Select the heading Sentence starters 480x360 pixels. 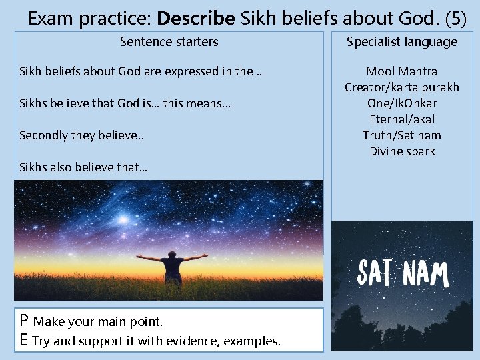(x=169, y=42)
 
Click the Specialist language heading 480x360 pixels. (x=401, y=42)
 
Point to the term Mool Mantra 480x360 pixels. (x=401, y=71)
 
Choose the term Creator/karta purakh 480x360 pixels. (x=401, y=87)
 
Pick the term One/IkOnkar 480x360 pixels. (x=401, y=103)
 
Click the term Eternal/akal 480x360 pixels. (x=401, y=119)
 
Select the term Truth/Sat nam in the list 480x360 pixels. (x=401, y=135)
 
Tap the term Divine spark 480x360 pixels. (x=401, y=151)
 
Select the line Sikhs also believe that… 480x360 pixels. (x=83, y=167)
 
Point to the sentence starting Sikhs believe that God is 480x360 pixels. (x=125, y=103)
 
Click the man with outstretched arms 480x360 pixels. (x=172, y=266)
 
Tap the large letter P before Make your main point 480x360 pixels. (x=24, y=321)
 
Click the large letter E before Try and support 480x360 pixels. (x=24, y=341)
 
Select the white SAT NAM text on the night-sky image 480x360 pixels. (x=402, y=273)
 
